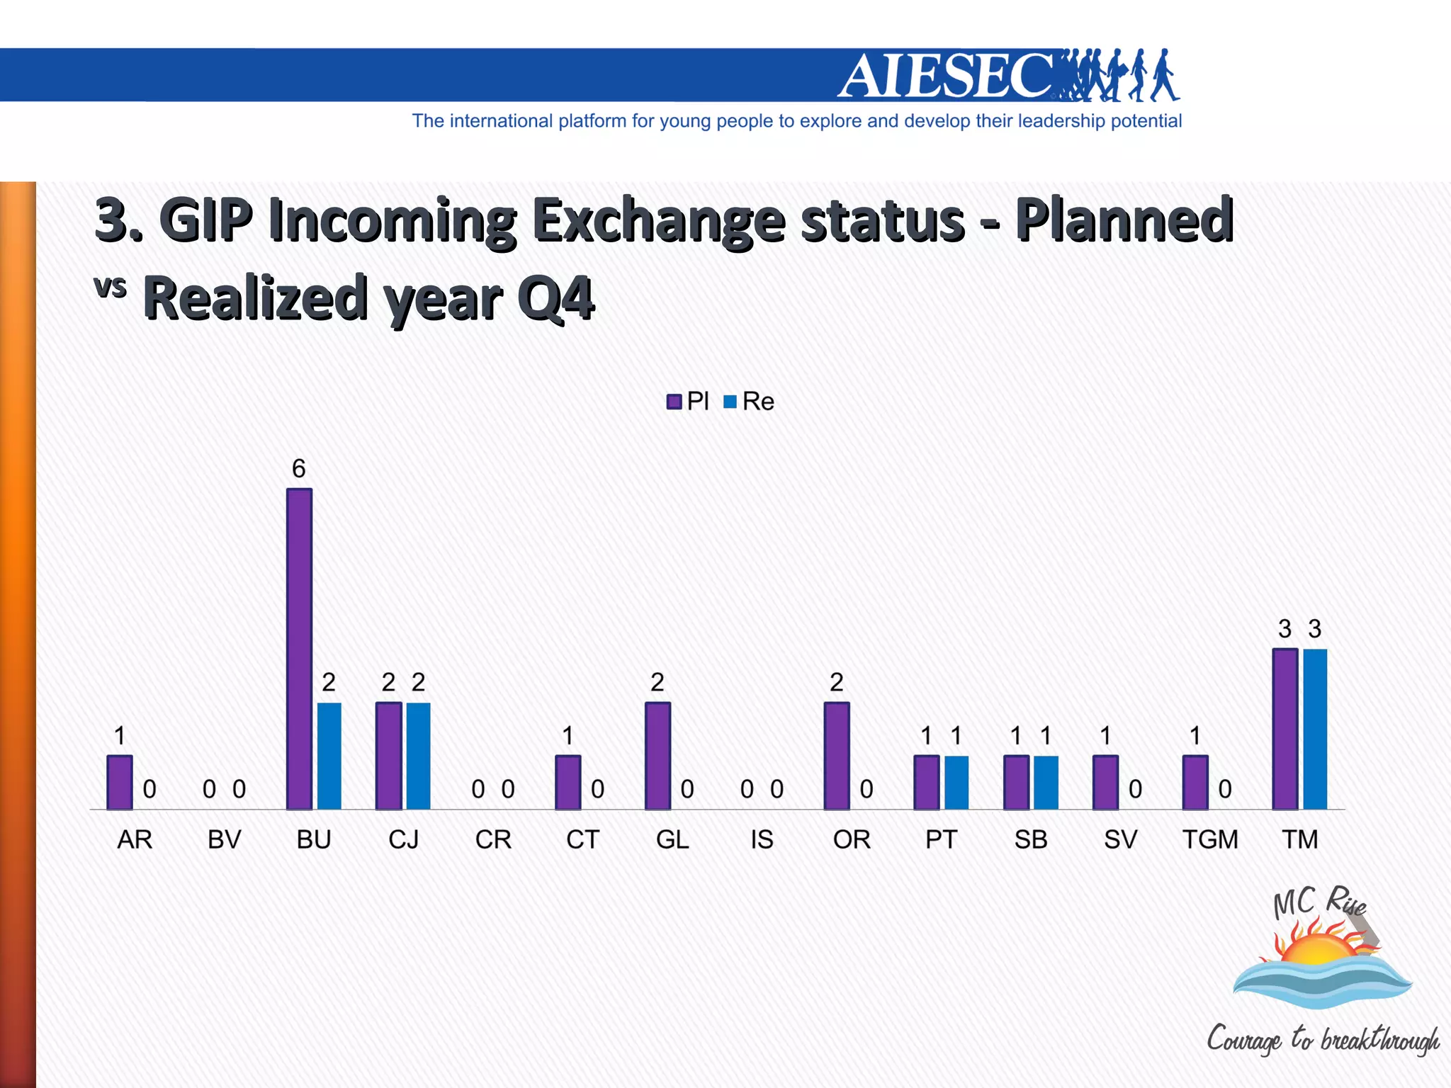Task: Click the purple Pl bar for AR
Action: [120, 782]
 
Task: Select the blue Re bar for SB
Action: [1046, 782]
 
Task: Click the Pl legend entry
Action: [688, 402]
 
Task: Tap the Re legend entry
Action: [750, 402]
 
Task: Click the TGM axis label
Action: [1210, 839]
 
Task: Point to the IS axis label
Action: [762, 839]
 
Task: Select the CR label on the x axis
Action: [493, 839]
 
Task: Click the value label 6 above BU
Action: [299, 468]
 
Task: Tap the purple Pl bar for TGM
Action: [1195, 782]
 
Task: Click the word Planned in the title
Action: [1124, 220]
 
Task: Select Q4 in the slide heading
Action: [555, 298]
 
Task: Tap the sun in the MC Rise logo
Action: [1319, 948]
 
